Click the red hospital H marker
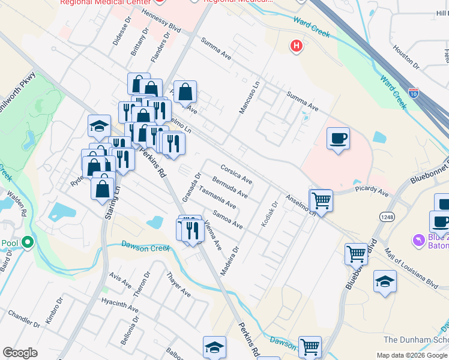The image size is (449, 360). [x=296, y=46]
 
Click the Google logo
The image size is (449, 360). [x=20, y=353]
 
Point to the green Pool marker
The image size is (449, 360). [x=27, y=243]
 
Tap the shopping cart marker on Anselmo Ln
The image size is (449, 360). [x=322, y=200]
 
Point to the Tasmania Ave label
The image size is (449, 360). [x=217, y=197]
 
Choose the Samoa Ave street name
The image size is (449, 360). [x=228, y=219]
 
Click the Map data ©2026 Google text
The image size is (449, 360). [x=411, y=355]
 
